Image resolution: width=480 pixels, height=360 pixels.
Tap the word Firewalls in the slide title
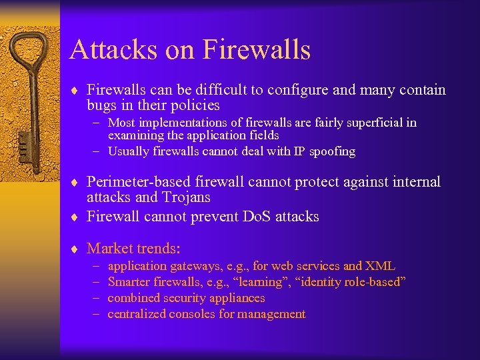click(257, 50)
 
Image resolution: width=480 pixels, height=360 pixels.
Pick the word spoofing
click(330, 151)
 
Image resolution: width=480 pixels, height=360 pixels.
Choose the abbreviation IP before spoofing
click(295, 151)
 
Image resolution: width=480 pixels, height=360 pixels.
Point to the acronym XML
click(380, 266)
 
